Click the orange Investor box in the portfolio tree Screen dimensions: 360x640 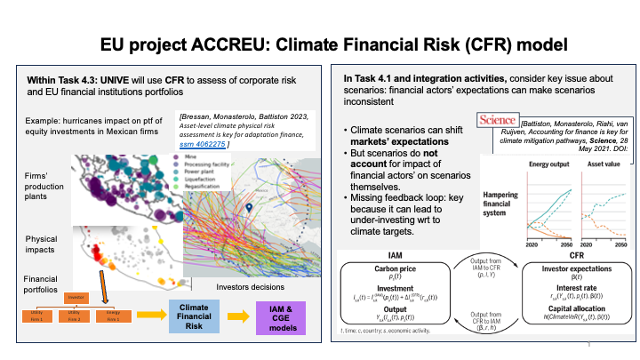tap(75, 297)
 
